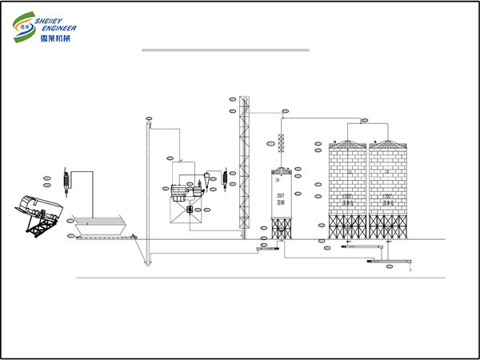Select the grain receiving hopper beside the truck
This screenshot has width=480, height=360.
tap(97, 224)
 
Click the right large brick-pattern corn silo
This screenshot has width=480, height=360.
tap(388, 184)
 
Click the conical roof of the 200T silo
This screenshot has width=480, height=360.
tap(280, 170)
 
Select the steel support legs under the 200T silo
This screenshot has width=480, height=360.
tap(280, 229)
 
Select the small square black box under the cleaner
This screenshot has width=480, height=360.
tap(190, 209)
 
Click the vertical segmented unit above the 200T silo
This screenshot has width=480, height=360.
tap(281, 143)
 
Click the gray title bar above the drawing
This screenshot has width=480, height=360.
tap(225, 50)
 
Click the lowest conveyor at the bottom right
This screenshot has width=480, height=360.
tap(398, 262)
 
